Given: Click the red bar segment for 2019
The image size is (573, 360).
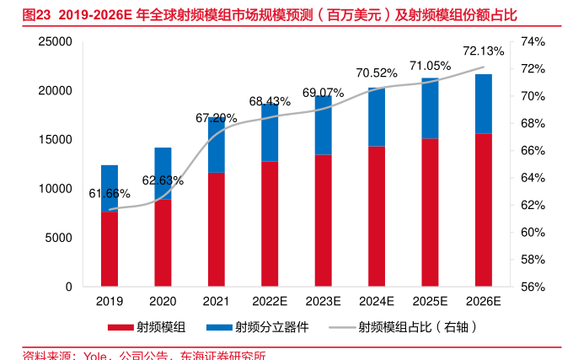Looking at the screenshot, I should (x=110, y=249).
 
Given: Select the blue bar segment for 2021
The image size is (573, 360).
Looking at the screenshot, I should (x=217, y=145).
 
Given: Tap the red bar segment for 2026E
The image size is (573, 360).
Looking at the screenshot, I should (x=484, y=210).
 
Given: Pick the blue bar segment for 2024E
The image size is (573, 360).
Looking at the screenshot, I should (x=377, y=116).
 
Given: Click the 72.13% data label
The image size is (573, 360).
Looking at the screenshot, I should (x=483, y=51).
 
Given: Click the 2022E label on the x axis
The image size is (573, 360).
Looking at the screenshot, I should (x=270, y=301).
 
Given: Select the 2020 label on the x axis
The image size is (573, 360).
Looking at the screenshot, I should (x=163, y=301).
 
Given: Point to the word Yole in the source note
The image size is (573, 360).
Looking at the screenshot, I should (x=95, y=355).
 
